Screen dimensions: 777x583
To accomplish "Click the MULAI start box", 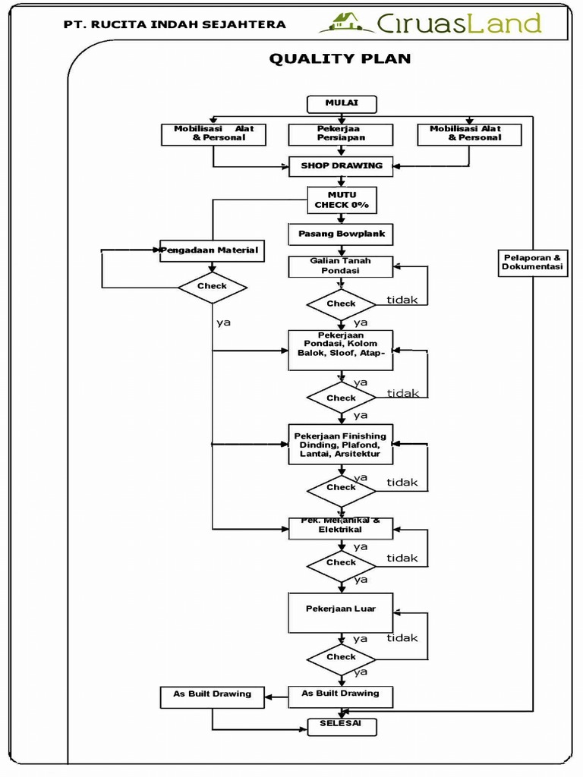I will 341,104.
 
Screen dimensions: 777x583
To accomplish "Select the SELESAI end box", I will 341,725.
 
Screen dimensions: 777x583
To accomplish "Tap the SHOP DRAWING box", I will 341,166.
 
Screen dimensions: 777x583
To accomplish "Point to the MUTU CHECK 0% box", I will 341,200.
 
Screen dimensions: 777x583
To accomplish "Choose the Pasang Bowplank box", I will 341,234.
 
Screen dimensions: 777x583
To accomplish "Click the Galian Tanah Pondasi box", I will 341,266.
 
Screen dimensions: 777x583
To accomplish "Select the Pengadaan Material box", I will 212,250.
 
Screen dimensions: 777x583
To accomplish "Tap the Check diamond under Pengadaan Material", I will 212,287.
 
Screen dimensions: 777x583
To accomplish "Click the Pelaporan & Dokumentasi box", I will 533,263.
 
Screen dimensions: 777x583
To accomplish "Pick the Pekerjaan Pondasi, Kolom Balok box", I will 341,350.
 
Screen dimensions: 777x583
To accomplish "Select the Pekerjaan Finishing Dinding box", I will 341,445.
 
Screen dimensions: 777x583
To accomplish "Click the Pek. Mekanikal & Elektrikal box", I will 341,527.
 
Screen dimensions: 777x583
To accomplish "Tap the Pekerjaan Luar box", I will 341,612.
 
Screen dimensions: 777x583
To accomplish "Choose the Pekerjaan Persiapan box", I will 341,134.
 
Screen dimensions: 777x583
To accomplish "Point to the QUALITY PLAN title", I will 340,59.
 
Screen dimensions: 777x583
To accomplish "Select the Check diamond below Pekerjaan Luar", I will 341,657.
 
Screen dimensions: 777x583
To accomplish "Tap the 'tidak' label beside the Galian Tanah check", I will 402,300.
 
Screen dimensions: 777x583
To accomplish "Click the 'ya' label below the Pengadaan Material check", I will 223,322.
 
